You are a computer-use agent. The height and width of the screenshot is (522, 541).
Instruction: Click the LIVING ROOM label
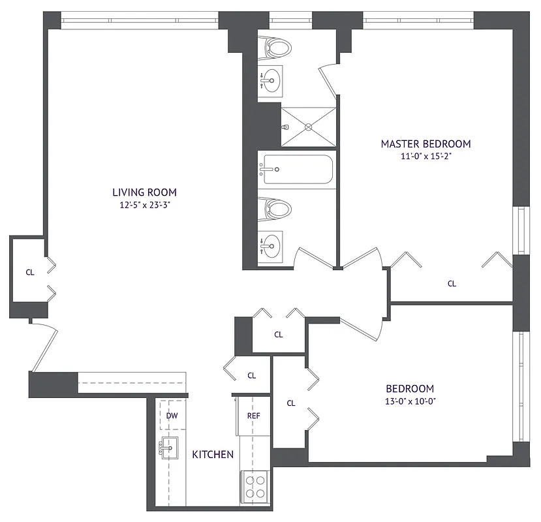144,192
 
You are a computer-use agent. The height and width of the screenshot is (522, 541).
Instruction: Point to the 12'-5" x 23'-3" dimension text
144,205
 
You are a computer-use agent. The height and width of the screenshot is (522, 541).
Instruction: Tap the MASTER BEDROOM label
425,144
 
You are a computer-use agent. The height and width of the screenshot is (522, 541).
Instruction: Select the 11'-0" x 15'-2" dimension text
425,157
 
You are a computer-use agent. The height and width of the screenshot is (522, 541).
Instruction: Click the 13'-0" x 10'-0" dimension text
409,401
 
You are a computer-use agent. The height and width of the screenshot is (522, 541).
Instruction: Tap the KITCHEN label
213,454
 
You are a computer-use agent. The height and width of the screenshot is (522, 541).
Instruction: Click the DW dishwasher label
172,416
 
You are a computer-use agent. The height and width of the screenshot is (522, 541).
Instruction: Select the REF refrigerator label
253,416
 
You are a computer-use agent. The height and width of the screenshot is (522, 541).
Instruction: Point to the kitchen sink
170,448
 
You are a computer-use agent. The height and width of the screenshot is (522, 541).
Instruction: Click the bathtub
296,170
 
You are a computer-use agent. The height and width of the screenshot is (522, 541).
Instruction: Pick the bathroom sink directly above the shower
270,82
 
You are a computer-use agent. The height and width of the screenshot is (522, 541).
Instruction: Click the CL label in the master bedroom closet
452,284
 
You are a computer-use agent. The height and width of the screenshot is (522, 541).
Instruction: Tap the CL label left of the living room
30,273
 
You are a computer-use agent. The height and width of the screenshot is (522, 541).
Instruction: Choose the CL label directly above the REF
252,376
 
